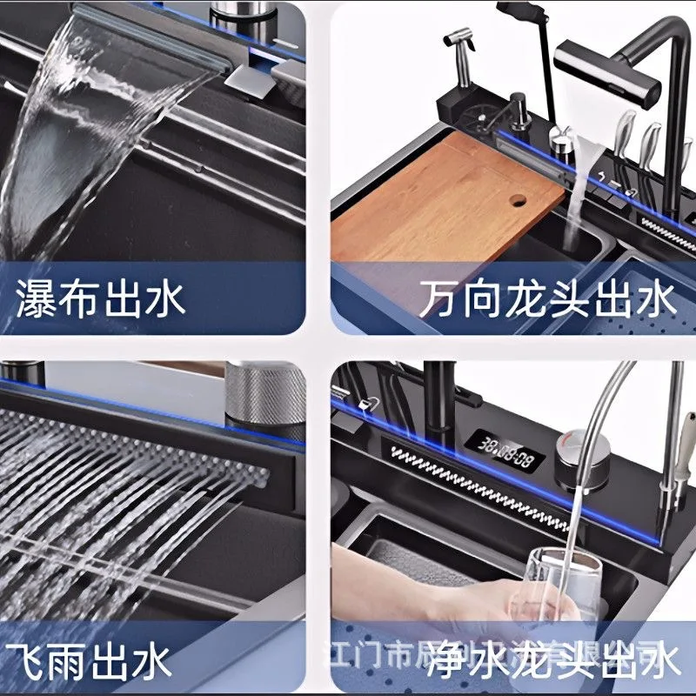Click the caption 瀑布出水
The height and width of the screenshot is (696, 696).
point(101,299)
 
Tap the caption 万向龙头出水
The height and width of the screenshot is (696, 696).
point(546,301)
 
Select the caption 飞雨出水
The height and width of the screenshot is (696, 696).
point(86,661)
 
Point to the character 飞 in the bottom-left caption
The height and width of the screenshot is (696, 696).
point(25,661)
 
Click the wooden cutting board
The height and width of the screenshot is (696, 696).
point(435,200)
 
